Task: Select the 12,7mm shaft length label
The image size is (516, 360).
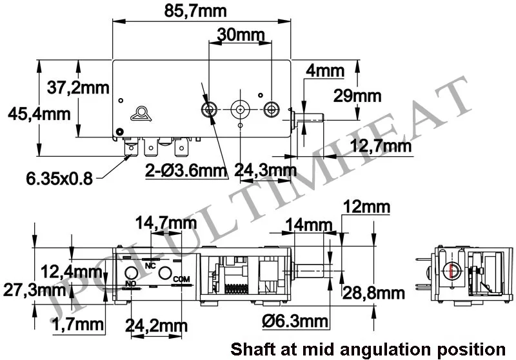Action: click(381, 146)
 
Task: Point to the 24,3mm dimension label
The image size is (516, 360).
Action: click(264, 171)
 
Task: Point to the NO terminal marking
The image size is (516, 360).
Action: click(130, 283)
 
